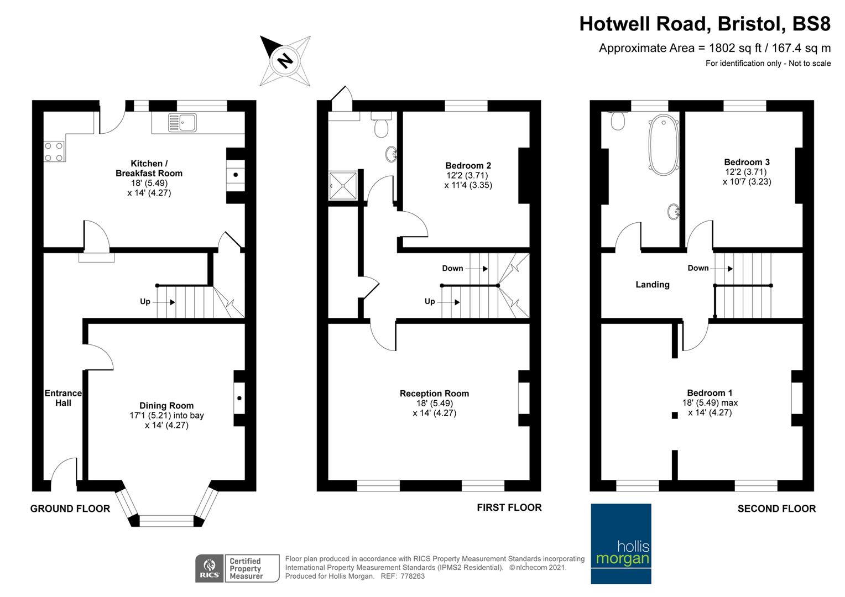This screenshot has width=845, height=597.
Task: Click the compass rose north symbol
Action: (285, 61)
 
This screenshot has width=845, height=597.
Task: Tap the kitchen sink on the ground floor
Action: (182, 123)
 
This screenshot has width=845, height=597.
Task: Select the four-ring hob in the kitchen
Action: (54, 151)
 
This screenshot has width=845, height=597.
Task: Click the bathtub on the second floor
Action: (663, 145)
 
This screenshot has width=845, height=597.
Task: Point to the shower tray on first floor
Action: (343, 186)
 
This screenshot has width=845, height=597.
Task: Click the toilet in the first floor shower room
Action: (382, 124)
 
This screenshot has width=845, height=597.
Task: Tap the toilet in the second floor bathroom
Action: (618, 121)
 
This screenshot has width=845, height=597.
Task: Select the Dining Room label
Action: (166, 405)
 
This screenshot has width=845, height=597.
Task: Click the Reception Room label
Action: (434, 394)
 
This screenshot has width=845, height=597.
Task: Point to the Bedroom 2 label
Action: (468, 165)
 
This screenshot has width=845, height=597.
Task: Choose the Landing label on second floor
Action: (652, 285)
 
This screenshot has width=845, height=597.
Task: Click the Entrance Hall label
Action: (63, 398)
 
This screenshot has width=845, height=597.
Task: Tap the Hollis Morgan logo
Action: (621, 543)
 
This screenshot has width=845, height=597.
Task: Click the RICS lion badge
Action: (210, 568)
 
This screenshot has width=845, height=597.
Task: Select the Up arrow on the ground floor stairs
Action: (163, 302)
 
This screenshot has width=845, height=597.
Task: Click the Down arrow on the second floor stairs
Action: (721, 269)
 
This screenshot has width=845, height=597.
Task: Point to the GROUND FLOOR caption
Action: (70, 509)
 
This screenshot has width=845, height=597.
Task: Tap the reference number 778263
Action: (412, 576)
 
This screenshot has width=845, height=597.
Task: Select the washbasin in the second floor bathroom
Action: (674, 212)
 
